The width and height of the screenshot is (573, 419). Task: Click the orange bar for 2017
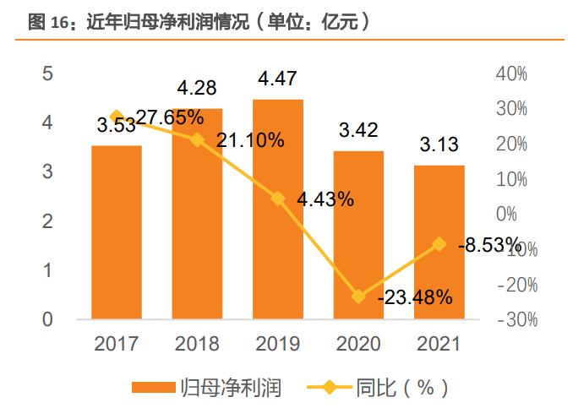pos(117,232)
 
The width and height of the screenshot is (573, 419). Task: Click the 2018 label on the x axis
pos(197,343)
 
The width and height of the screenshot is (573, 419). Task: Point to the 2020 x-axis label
pos(358,343)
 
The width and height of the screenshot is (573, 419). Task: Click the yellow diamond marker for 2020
pos(359,297)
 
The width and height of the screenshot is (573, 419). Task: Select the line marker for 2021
pos(439,244)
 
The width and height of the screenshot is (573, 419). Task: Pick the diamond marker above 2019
pos(278,199)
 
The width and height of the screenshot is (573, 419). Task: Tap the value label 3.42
pos(358,131)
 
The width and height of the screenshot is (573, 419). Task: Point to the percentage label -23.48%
pos(415,297)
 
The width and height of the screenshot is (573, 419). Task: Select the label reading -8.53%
pos(490,245)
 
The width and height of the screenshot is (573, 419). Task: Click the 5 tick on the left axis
pos(48,73)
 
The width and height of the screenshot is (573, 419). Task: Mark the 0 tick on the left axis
pos(48,319)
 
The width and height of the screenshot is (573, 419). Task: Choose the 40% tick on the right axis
pos(510,73)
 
